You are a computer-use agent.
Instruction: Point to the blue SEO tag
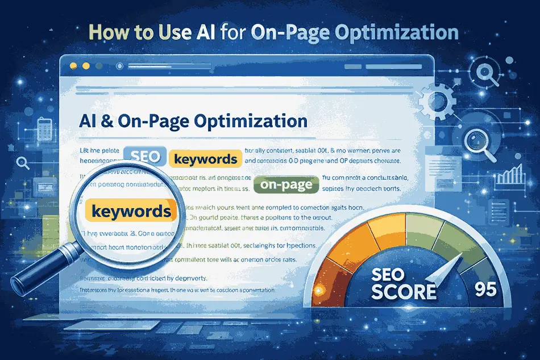144,156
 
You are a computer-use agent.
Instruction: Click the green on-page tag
284,185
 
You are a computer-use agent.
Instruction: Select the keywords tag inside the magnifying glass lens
131,212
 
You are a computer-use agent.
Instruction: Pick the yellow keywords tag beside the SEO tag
203,159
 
